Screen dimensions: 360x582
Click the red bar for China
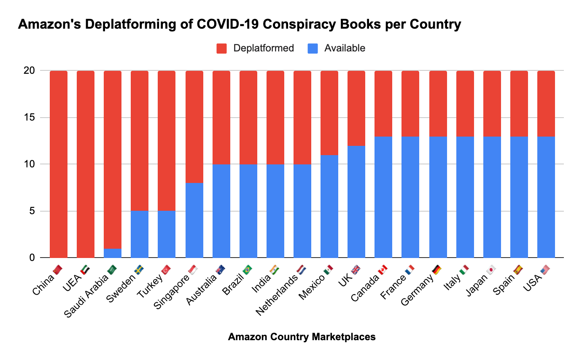tap(59, 164)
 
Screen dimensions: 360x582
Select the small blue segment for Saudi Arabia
tap(113, 253)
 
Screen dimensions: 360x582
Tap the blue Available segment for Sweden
tap(140, 234)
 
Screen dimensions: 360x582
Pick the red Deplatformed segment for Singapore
tap(194, 126)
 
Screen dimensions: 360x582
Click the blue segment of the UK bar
tap(356, 201)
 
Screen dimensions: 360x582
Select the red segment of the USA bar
tap(546, 103)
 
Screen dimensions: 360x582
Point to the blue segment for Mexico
tap(329, 206)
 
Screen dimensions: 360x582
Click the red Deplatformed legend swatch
tap(222, 48)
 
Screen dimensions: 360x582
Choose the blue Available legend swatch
tap(313, 48)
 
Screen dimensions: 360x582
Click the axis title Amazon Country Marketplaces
tap(302, 337)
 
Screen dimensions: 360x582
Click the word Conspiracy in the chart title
tap(298, 25)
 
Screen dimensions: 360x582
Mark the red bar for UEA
tap(86, 164)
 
